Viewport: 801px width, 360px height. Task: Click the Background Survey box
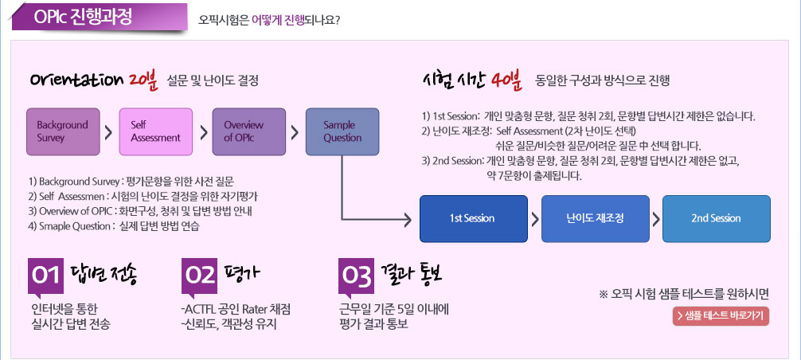64,131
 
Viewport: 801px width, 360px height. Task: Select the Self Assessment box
156,131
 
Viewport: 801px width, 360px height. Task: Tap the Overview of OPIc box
248,131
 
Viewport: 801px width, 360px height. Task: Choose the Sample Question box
342,131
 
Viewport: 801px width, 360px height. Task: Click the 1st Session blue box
474,218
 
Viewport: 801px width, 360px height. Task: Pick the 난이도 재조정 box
595,218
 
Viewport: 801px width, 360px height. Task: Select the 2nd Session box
716,218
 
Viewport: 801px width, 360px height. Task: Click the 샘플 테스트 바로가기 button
721,316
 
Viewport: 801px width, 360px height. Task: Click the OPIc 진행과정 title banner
100,18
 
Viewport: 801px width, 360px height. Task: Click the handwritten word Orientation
76,80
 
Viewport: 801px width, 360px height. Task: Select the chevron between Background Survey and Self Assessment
109,132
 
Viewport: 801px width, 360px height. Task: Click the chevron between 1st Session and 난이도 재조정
535,219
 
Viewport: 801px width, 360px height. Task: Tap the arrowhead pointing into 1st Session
408,220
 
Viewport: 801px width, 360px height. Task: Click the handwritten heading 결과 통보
411,276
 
